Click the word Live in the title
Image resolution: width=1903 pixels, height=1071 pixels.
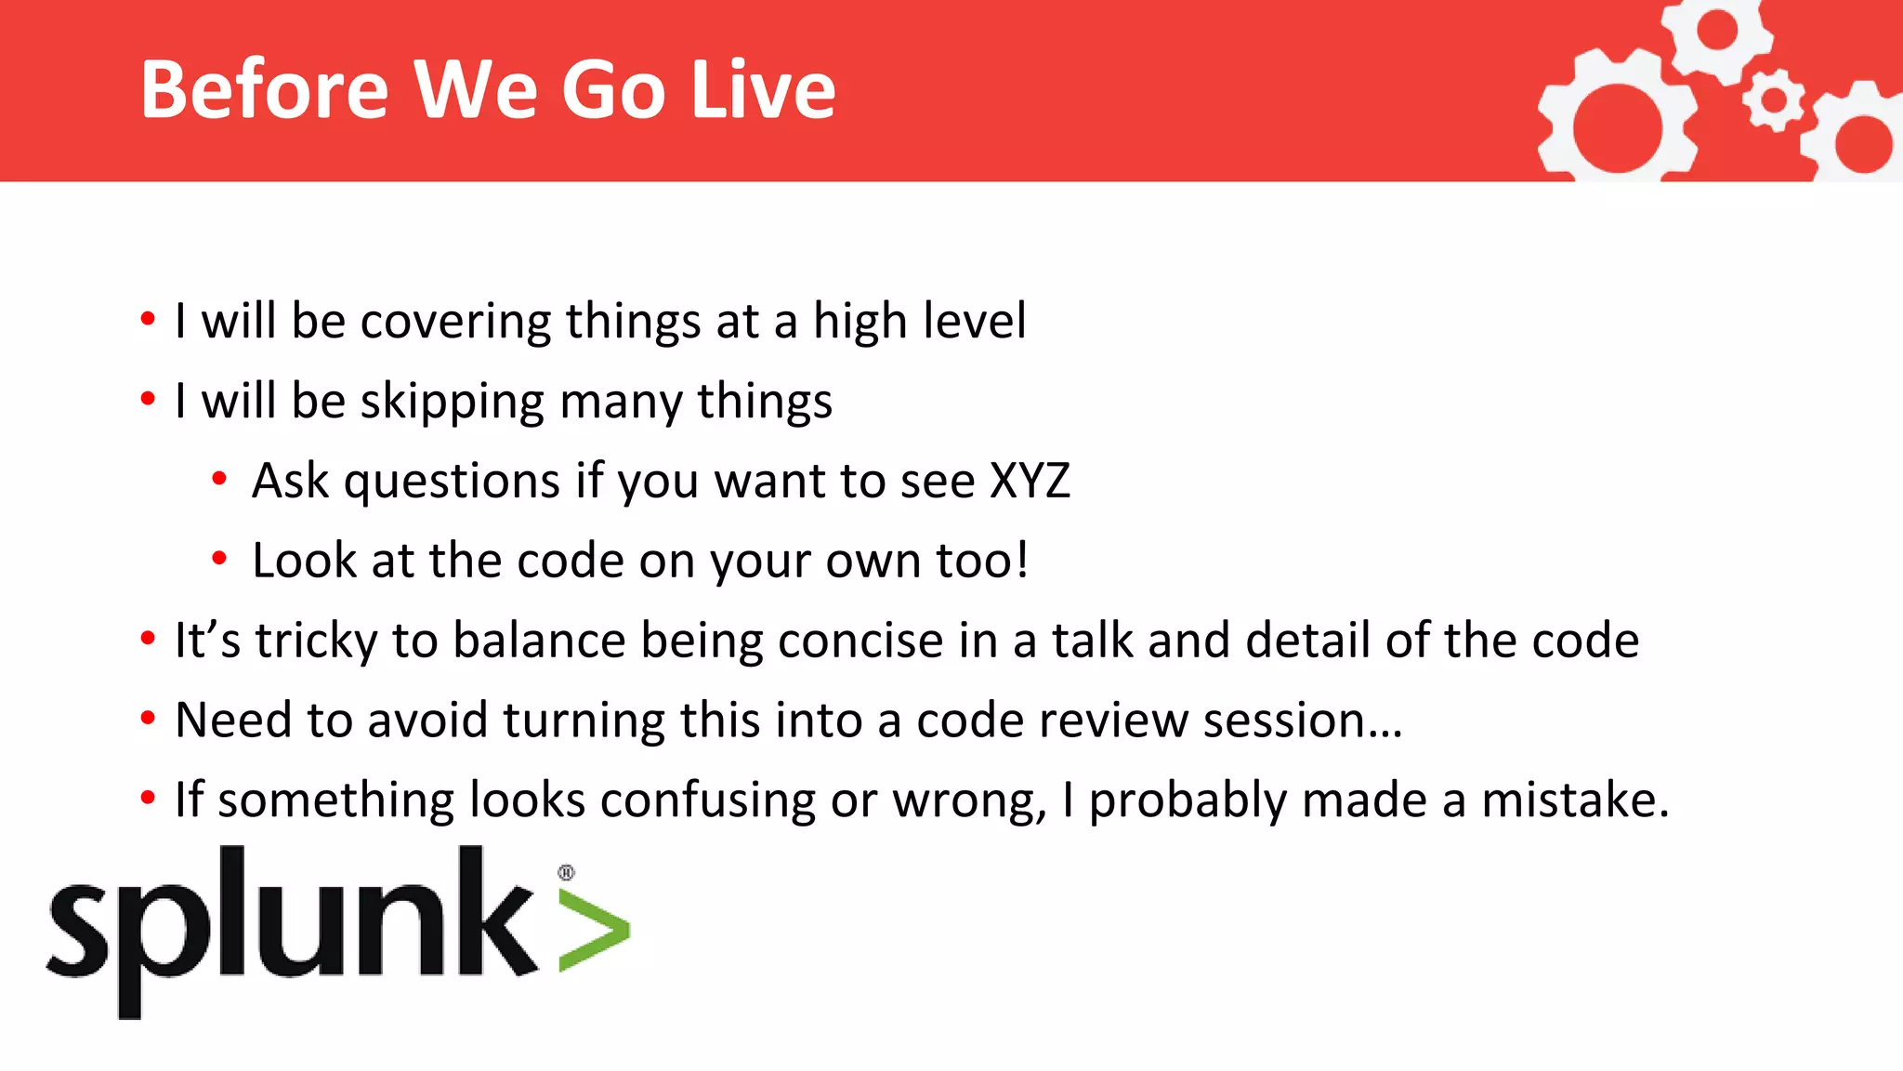pos(764,89)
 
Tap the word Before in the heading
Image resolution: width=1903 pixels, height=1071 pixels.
pos(264,89)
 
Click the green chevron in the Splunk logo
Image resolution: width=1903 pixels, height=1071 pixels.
pos(594,931)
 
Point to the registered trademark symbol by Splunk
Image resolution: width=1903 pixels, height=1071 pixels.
pos(566,872)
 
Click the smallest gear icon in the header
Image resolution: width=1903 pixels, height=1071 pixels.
pos(1774,99)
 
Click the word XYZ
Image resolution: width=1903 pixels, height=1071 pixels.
pos(1030,482)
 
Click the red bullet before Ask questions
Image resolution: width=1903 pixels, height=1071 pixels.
pos(219,480)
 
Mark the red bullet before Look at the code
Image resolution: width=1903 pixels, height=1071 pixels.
pos(219,559)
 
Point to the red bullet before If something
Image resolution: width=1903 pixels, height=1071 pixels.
pos(148,799)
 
